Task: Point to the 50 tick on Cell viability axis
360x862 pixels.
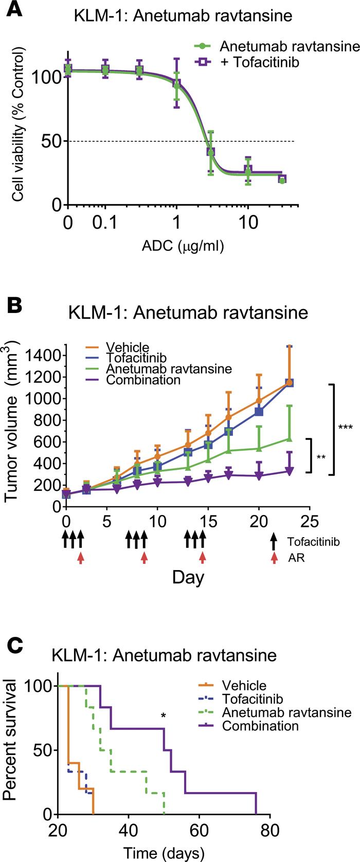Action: tap(47, 141)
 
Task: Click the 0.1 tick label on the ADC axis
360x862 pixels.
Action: tap(105, 224)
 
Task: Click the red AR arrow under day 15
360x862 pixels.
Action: tap(203, 557)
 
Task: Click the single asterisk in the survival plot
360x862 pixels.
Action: tap(163, 716)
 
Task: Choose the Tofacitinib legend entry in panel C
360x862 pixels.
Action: tap(252, 699)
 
